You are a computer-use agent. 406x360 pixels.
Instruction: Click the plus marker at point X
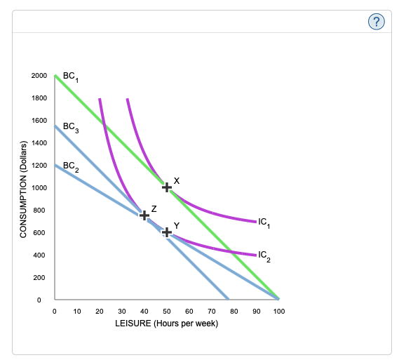166,187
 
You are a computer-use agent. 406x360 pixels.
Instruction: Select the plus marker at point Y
166,232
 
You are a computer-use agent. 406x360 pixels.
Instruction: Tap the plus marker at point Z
144,215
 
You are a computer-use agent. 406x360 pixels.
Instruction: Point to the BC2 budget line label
71,167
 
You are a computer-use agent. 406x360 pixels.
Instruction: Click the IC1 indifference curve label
264,223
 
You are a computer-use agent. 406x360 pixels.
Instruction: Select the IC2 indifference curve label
264,255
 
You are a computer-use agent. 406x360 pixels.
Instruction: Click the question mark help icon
377,22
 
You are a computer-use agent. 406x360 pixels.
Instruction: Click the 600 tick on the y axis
41,233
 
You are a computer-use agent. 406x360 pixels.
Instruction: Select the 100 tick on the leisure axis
278,310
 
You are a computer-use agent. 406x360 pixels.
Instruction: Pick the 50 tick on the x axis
166,310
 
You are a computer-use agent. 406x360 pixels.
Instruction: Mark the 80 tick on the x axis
234,310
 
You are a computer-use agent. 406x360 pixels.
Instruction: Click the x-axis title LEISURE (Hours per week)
166,323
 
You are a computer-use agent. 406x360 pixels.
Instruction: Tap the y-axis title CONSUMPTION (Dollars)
24,189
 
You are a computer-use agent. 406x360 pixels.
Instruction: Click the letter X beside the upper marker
177,180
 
